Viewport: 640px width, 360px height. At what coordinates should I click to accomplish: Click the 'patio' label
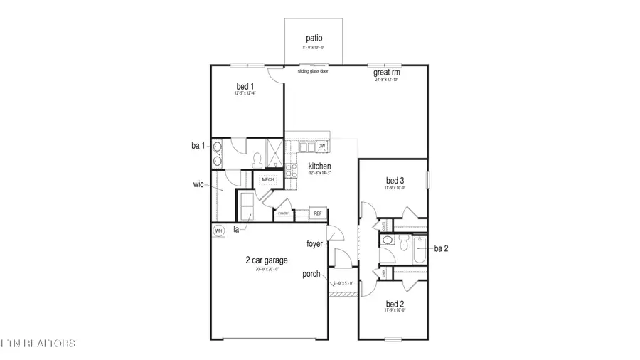(314, 38)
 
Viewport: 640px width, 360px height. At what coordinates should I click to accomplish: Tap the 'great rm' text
(386, 73)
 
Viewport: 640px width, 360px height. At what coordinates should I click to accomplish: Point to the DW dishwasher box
(321, 147)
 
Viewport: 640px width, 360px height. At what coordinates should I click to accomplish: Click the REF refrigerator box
(318, 213)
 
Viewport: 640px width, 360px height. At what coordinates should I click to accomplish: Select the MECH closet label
(267, 180)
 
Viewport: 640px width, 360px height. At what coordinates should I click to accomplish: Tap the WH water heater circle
(218, 231)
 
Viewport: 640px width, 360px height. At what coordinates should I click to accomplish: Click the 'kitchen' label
(320, 166)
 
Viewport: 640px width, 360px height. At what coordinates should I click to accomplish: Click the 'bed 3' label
(395, 181)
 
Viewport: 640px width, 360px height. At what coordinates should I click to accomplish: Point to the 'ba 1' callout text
(198, 146)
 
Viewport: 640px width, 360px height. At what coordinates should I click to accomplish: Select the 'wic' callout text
(198, 184)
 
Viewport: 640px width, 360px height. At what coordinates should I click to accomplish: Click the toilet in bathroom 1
(255, 157)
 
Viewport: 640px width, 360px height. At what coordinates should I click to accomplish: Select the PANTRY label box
(282, 213)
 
